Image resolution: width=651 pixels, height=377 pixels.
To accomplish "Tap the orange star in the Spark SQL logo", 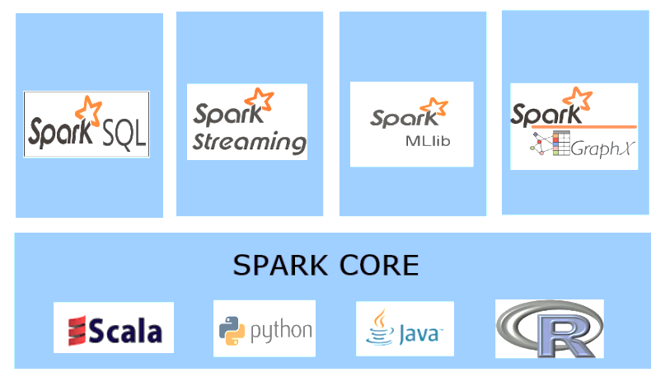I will (88, 108).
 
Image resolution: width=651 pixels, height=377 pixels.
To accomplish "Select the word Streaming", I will (249, 142).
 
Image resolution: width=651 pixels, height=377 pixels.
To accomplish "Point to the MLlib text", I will (426, 140).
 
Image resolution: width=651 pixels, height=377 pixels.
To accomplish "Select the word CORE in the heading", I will (378, 266).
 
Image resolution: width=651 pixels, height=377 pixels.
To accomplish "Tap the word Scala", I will (125, 332).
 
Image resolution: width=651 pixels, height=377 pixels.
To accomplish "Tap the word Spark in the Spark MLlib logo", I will (397, 118).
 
